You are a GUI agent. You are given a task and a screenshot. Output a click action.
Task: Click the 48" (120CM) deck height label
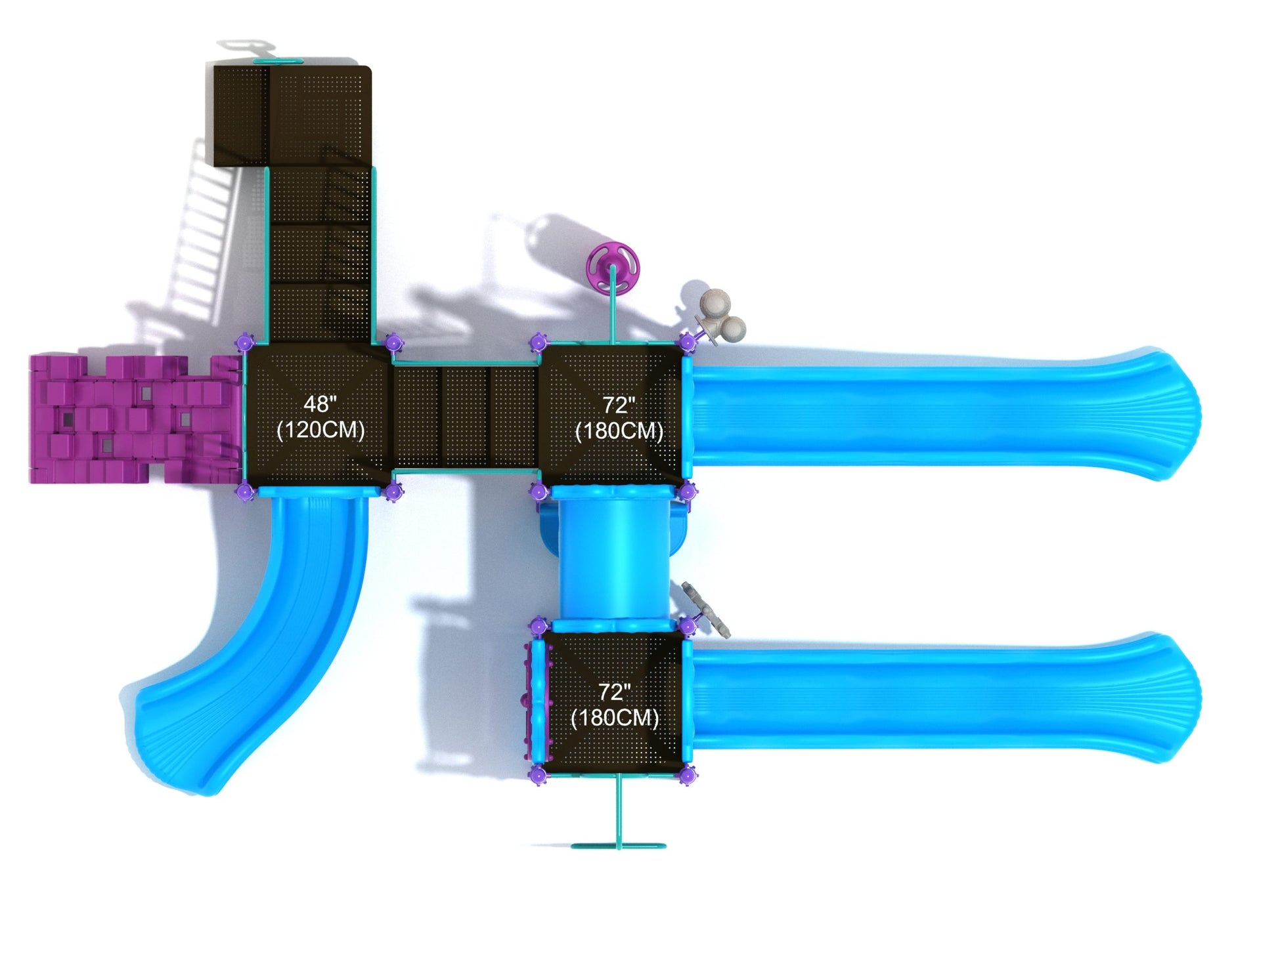[x=320, y=417]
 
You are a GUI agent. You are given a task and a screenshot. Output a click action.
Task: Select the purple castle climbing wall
[x=135, y=419]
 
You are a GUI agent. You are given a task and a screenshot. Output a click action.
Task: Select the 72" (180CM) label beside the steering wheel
[x=619, y=418]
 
